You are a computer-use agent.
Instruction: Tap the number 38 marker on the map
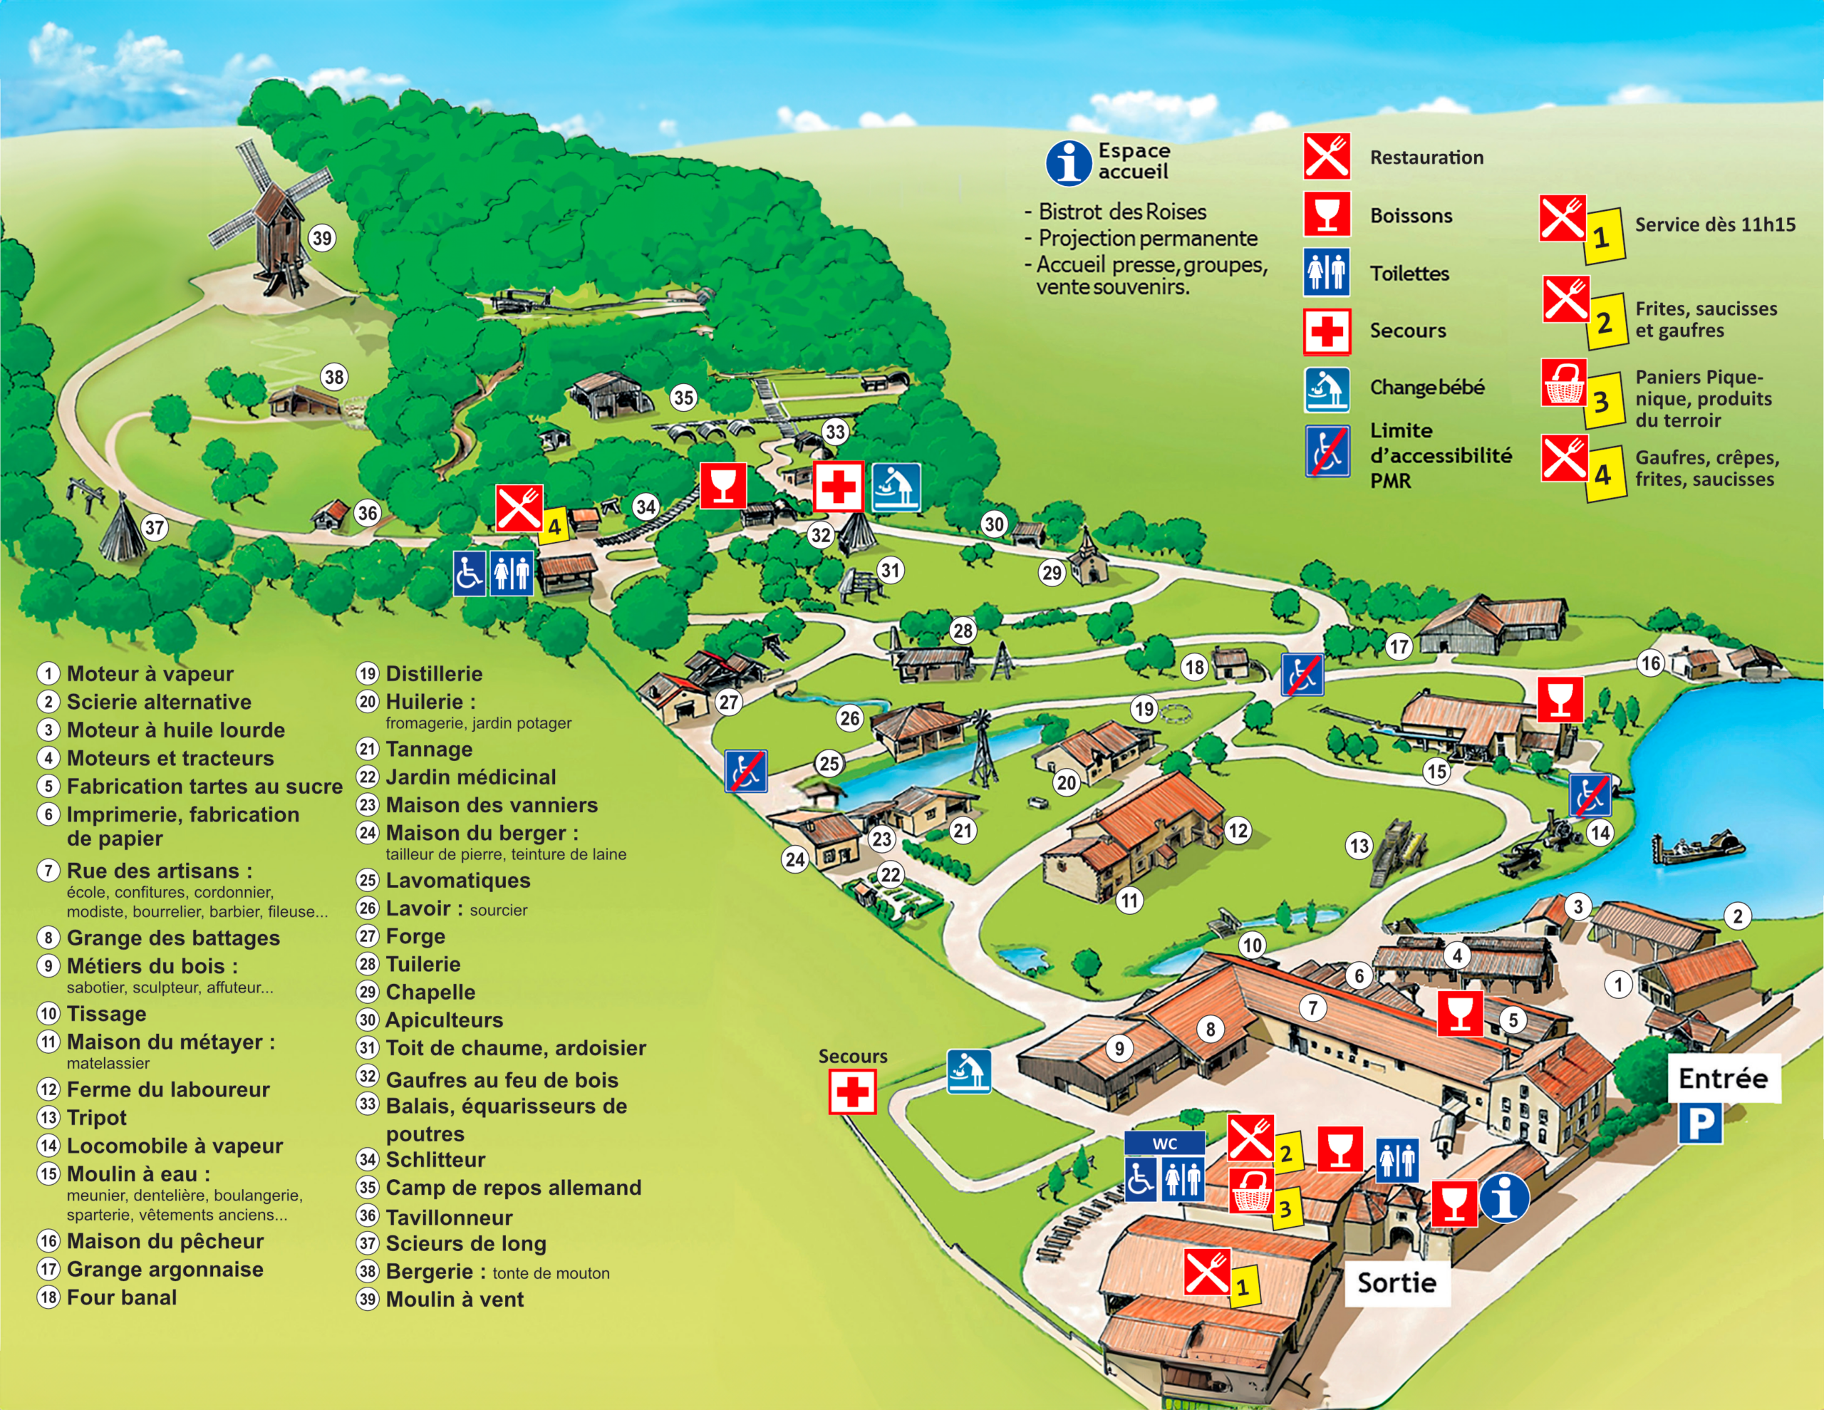coord(334,377)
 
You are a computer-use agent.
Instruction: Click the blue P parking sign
coord(1699,1124)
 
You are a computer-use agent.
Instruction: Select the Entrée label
coord(1722,1079)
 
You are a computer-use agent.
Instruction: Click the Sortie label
coord(1396,1282)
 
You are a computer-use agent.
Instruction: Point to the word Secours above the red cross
coord(852,1056)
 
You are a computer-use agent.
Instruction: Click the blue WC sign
coord(1164,1143)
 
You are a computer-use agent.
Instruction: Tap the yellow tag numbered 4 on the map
coord(553,527)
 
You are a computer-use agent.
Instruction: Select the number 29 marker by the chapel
coord(1052,572)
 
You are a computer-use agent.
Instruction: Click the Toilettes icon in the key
coord(1326,272)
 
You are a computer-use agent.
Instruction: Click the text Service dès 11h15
coord(1714,224)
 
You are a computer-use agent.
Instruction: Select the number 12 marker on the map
coord(1238,829)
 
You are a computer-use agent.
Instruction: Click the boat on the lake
coord(1699,849)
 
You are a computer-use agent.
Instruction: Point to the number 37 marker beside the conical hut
coord(155,527)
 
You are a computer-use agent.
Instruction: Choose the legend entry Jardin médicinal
coord(470,777)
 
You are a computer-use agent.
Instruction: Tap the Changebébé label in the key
coord(1426,387)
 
